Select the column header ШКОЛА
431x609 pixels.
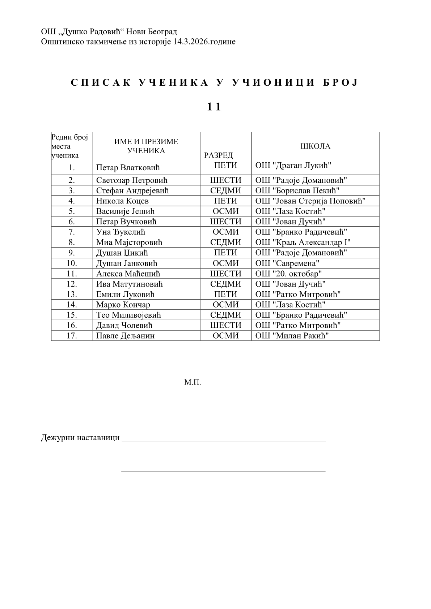(315, 146)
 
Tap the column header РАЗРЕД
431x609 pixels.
(218, 155)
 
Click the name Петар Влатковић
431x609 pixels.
(128, 168)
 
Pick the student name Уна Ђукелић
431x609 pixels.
(121, 232)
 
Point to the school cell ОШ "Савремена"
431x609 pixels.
(287, 263)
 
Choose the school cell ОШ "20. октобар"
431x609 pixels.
(288, 274)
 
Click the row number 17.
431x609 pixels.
(72, 336)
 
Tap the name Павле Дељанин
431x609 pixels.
(125, 336)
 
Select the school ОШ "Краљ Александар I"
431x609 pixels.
(303, 243)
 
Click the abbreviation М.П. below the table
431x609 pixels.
(193, 382)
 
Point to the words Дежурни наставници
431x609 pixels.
(80, 438)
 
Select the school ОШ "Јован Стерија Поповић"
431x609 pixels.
(310, 201)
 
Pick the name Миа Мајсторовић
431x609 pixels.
(129, 243)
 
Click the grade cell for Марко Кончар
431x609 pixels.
(225, 305)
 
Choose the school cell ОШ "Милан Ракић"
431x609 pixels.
(292, 336)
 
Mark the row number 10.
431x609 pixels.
(72, 263)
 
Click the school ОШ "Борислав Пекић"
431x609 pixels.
(297, 190)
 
